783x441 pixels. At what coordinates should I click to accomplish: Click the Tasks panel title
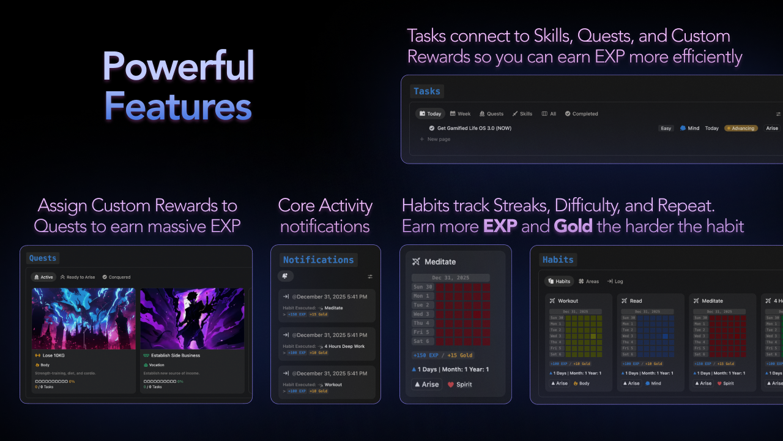point(426,91)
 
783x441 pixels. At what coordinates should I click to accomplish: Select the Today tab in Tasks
point(430,114)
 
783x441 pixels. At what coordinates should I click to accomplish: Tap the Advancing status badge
point(741,129)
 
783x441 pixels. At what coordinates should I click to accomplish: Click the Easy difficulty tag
point(666,129)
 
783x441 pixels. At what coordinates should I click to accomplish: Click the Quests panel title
point(43,258)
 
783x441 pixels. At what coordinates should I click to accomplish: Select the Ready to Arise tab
point(78,277)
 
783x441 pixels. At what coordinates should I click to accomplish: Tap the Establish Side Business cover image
point(192,318)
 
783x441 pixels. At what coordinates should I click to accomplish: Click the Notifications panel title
point(318,260)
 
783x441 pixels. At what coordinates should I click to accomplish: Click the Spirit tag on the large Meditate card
point(459,385)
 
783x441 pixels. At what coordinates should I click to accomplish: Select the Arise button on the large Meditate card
point(427,385)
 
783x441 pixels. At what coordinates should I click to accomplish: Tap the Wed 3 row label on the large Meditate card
point(422,314)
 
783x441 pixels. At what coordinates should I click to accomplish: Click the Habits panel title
point(558,260)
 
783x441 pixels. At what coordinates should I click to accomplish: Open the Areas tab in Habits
point(588,281)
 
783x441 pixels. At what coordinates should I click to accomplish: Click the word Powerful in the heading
point(178,66)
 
